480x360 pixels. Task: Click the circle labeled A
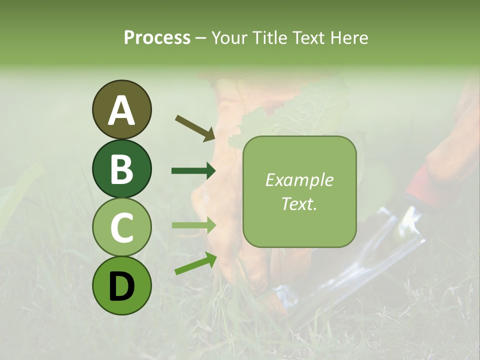[x=121, y=109]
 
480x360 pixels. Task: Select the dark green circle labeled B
[x=121, y=168]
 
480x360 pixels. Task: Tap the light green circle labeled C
[x=121, y=227]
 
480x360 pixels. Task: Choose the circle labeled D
[x=121, y=285]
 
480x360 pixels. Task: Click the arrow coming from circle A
[x=194, y=128]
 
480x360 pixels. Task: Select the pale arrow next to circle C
[x=193, y=225]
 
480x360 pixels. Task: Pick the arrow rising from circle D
[x=195, y=263]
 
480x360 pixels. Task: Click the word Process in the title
[x=157, y=38]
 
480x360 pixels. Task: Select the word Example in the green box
[x=299, y=180]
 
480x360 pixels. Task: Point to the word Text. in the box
[x=299, y=203]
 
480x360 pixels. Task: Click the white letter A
[x=121, y=110]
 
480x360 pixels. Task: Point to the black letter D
[x=121, y=286]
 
